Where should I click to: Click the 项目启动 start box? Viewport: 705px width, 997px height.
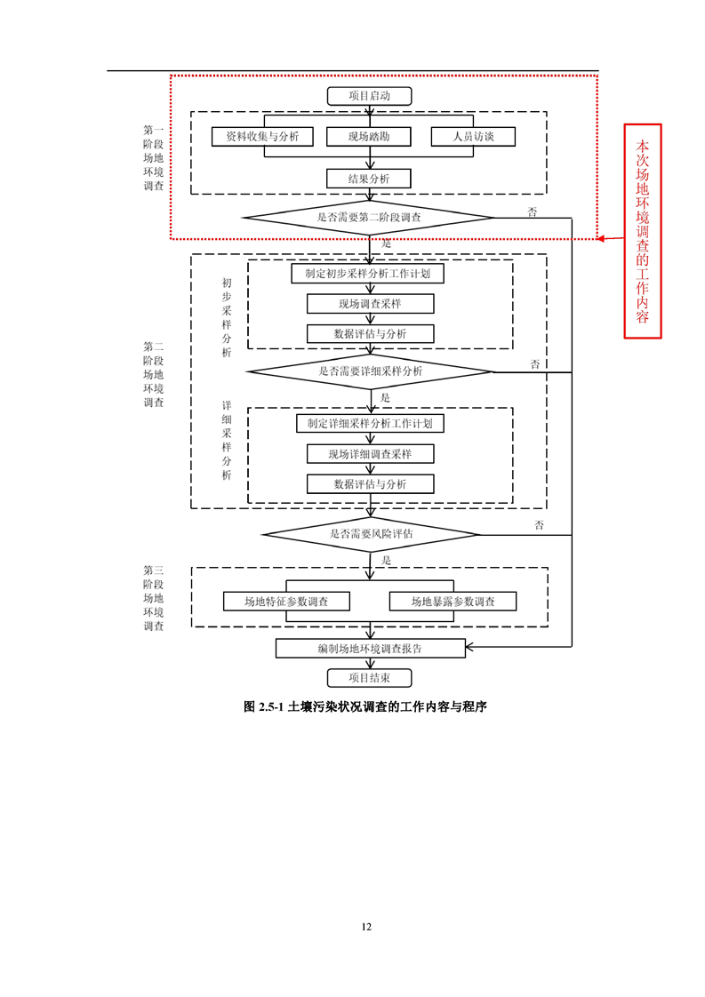point(370,96)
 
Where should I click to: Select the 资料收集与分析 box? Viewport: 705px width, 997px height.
point(262,137)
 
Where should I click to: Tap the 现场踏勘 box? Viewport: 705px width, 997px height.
point(369,137)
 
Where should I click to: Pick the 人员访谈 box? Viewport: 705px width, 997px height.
point(473,137)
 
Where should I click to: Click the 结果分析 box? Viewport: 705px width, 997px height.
point(369,179)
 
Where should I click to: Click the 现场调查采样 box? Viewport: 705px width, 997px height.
point(370,304)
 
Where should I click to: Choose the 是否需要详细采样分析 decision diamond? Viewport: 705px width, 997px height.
point(370,371)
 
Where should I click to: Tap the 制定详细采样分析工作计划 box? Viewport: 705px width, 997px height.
point(370,424)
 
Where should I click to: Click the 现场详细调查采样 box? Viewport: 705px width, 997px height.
point(370,454)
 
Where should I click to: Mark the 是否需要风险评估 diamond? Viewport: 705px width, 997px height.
point(370,534)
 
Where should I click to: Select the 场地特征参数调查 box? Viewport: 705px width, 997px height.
point(286,602)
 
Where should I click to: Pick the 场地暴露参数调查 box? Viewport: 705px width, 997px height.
point(453,602)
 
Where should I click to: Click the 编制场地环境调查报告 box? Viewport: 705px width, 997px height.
point(370,649)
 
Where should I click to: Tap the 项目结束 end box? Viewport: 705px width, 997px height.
point(370,678)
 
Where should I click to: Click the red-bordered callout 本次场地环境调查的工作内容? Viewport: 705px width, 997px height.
point(643,230)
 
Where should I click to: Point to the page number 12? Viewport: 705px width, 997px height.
point(366,927)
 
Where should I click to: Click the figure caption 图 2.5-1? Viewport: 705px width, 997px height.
point(367,707)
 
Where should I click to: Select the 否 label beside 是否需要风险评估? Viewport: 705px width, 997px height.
point(539,525)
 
